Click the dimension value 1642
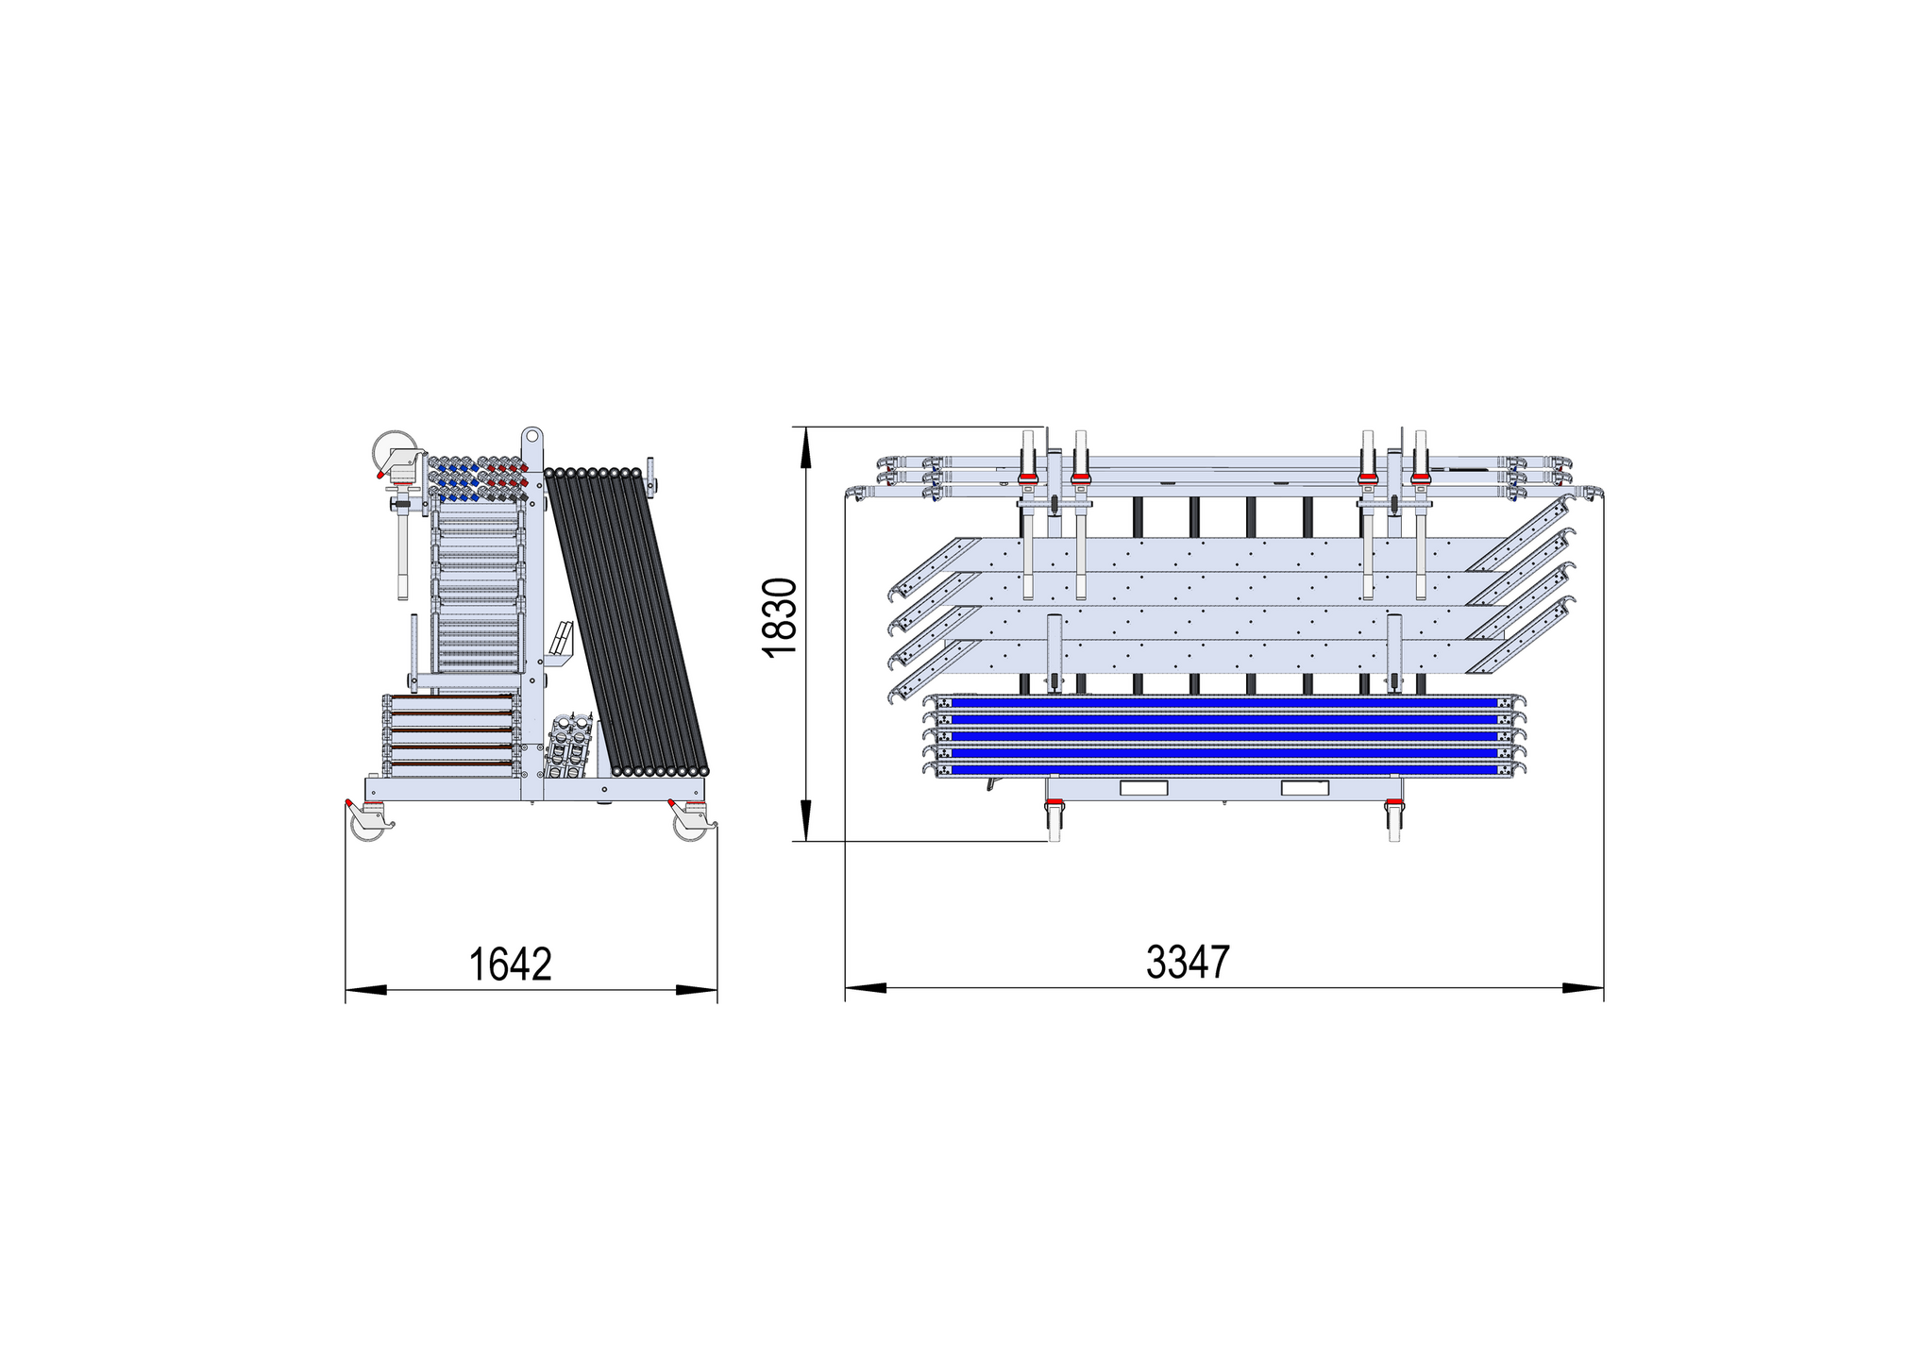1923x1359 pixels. click(x=510, y=964)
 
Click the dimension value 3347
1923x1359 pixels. click(x=1188, y=962)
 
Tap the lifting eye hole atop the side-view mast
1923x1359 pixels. click(x=532, y=437)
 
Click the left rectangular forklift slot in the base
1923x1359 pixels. click(x=1143, y=788)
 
